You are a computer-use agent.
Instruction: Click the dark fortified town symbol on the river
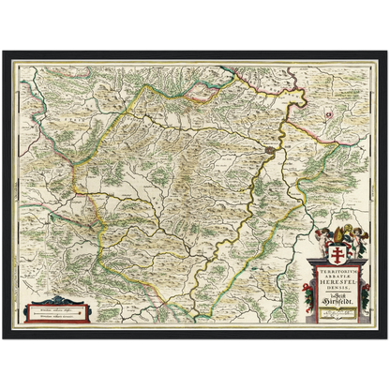(x=269, y=150)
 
